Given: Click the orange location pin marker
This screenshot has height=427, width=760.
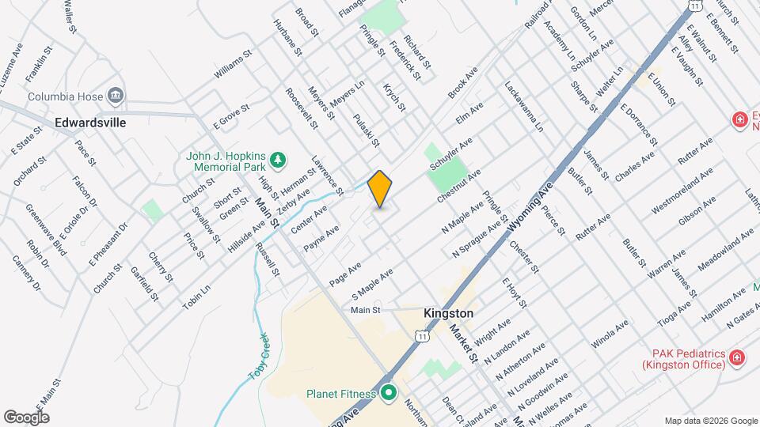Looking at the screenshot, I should (380, 189).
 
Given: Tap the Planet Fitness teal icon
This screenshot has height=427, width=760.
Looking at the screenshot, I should (388, 392).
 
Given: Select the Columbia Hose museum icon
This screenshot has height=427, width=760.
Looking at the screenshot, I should (116, 96).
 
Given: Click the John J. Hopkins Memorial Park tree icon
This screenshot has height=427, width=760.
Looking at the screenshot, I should (277, 161).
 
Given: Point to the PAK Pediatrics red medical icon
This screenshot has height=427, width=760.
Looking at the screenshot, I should (738, 358).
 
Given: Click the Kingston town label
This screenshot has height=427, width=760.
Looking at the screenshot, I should (448, 313).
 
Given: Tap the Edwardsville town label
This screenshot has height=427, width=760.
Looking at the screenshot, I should (91, 123).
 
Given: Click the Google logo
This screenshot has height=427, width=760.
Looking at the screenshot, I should (26, 417).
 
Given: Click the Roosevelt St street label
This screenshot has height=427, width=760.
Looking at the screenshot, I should (302, 108).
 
